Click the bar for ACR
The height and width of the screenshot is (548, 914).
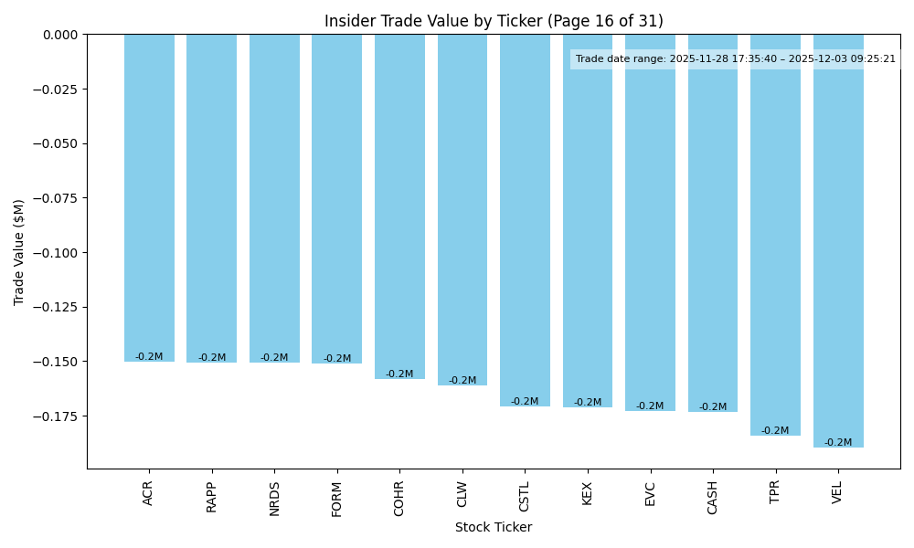pyautogui.click(x=149, y=197)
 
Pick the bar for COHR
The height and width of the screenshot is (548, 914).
pyautogui.click(x=399, y=206)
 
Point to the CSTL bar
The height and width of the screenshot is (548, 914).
pyautogui.click(x=525, y=220)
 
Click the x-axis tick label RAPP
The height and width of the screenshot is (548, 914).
pyautogui.click(x=212, y=497)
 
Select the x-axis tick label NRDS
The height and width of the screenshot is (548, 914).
pyautogui.click(x=274, y=499)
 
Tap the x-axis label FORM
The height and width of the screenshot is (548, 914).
pyautogui.click(x=337, y=499)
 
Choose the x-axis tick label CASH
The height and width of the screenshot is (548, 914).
pyautogui.click(x=713, y=498)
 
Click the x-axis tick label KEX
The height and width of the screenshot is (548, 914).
pyautogui.click(x=588, y=493)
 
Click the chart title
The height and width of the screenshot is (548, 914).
pyautogui.click(x=494, y=21)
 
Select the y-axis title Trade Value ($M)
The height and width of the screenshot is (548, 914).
pyautogui.click(x=19, y=252)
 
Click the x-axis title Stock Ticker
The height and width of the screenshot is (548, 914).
pyautogui.click(x=494, y=527)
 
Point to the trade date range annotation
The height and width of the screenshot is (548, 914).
pyautogui.click(x=736, y=59)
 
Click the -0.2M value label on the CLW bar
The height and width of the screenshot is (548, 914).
pyautogui.click(x=462, y=381)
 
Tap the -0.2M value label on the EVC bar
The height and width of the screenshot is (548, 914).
pyautogui.click(x=650, y=406)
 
